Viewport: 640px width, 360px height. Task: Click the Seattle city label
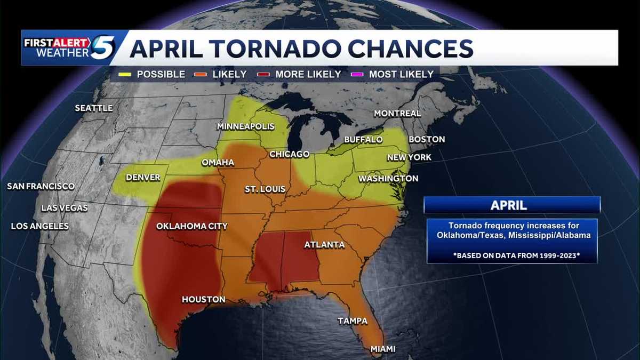click(93, 108)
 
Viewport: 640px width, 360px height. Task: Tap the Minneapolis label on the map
click(245, 127)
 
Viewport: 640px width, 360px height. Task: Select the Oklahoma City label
click(191, 227)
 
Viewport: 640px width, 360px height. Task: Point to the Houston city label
click(203, 300)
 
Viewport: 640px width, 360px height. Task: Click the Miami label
click(383, 349)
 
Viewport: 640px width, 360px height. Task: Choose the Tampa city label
click(353, 321)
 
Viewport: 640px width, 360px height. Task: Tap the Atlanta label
click(324, 245)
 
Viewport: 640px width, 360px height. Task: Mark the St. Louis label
click(265, 189)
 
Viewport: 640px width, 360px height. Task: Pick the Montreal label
click(397, 114)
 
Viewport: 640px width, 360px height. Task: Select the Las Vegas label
click(64, 208)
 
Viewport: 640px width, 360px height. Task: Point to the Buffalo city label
click(363, 140)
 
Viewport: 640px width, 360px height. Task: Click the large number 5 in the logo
click(102, 48)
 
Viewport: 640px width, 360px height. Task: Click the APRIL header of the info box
click(512, 205)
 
